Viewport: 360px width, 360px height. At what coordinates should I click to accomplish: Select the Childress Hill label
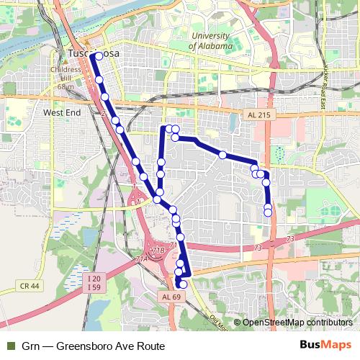[66, 74]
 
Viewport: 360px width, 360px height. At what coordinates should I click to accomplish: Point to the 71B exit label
[158, 250]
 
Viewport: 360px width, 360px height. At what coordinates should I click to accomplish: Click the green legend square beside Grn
[10, 346]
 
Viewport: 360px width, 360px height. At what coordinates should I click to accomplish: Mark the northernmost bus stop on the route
[98, 55]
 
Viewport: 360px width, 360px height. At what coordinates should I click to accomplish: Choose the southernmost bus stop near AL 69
[182, 284]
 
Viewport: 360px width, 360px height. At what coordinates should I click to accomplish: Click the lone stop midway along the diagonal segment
[223, 155]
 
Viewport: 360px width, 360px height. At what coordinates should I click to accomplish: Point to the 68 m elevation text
[66, 87]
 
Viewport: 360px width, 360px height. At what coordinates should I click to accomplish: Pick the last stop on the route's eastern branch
[268, 212]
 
